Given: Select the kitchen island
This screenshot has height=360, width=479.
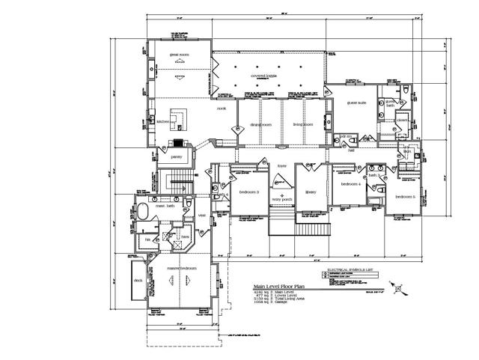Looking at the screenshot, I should (177, 118).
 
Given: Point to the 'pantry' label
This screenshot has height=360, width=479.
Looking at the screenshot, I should (177, 156).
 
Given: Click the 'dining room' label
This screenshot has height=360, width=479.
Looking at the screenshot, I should (260, 124).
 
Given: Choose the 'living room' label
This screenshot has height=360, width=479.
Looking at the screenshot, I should (302, 124).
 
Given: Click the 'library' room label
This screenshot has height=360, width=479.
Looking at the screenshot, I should (311, 192).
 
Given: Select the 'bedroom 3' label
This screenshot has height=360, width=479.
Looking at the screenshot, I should (249, 192).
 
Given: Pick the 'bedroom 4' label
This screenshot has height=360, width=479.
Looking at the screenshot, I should (351, 183).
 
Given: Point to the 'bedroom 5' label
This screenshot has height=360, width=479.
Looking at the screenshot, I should (405, 196).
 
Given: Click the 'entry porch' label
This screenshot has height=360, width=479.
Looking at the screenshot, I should (282, 200).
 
